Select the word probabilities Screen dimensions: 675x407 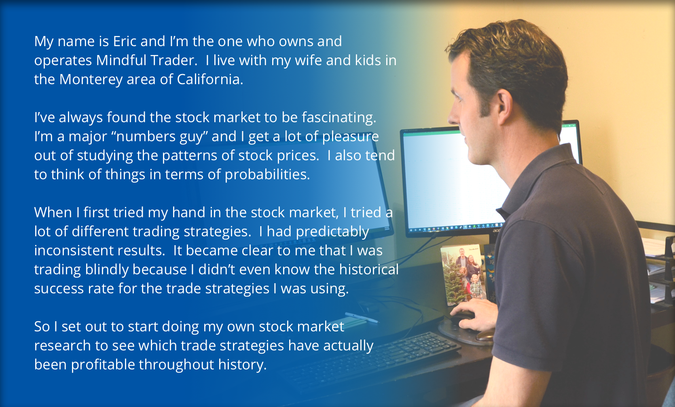pyautogui.click(x=267, y=174)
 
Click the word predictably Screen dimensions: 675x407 pyautogui.click(x=332, y=232)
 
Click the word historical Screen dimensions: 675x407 pyautogui.click(x=368, y=269)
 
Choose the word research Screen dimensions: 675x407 pyautogui.click(x=62, y=346)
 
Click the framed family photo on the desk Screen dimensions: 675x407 pyautogui.click(x=463, y=274)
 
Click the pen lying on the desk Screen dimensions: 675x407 pyautogui.click(x=362, y=318)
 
